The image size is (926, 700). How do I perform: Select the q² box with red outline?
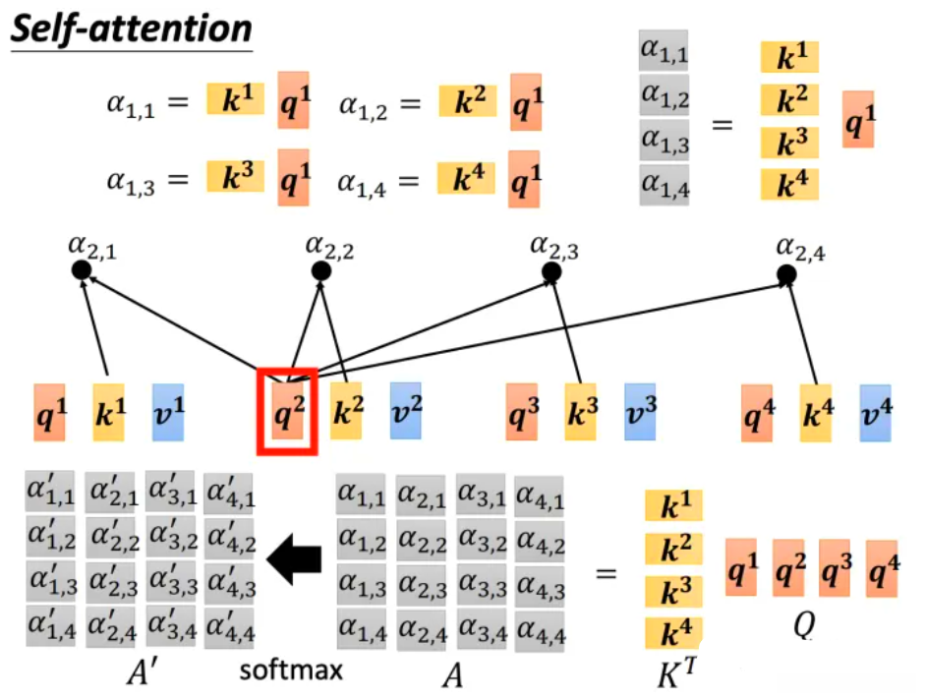[286, 412]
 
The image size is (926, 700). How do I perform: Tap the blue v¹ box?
[167, 412]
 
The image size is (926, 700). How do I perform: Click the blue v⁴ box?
[875, 411]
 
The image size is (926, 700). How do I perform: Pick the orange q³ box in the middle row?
[521, 412]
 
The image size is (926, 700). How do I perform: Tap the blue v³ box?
[640, 412]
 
